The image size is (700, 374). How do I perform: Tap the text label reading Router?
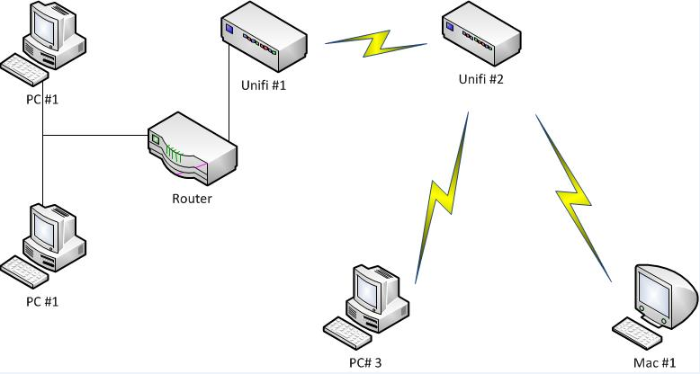192,198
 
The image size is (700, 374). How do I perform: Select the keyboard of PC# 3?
349,332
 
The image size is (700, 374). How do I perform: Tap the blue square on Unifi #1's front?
231,31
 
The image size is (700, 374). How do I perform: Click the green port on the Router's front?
156,139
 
